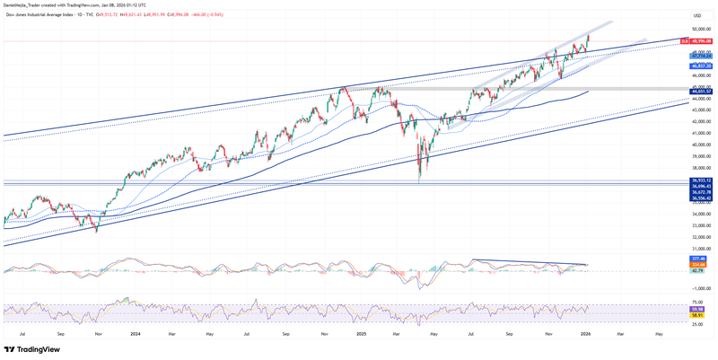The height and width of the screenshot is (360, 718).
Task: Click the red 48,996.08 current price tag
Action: (x=701, y=41)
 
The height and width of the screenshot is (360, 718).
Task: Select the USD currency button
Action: (x=697, y=15)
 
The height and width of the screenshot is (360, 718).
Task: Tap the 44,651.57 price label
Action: (x=701, y=92)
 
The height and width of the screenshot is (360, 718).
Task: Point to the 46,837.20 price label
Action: (x=701, y=66)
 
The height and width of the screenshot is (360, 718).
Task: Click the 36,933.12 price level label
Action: (x=701, y=180)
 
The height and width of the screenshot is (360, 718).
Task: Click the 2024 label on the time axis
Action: (x=135, y=334)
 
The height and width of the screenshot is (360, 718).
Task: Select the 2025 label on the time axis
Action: (x=361, y=334)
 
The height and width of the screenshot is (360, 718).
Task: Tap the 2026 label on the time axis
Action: (x=585, y=334)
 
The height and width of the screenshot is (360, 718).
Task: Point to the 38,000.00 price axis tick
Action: (x=701, y=168)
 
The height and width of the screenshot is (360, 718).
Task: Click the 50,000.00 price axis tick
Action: (x=701, y=30)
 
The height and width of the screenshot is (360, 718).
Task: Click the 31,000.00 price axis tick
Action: (x=701, y=249)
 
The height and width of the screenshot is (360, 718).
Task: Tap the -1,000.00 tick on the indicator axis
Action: (x=701, y=288)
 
